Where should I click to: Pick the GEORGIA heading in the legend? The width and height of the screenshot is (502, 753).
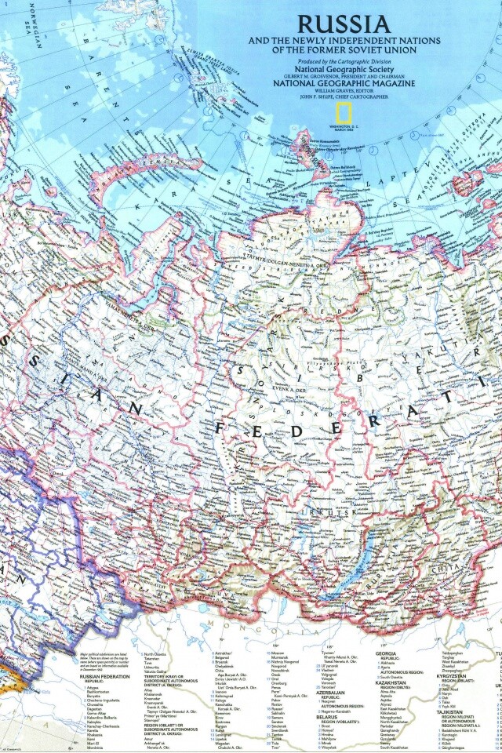point(385,653)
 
